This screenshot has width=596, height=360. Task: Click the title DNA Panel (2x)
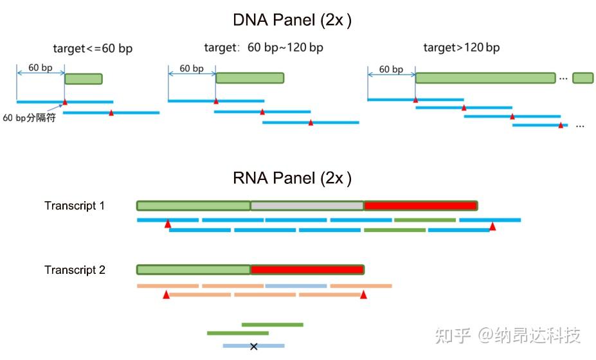(292, 21)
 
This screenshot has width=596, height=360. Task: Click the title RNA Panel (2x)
(292, 178)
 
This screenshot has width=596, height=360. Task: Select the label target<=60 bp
(93, 49)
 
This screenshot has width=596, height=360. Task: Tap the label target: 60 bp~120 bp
(264, 48)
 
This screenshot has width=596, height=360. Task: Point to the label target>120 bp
(461, 48)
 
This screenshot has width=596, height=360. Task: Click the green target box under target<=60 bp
(84, 78)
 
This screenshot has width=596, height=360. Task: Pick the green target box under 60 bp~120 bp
(249, 78)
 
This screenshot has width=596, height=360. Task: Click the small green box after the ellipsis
(582, 78)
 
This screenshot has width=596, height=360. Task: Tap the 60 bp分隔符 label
(30, 118)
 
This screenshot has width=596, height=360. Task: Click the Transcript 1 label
(75, 206)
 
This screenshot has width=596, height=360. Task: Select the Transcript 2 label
(75, 270)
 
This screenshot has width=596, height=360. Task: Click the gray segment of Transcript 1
(307, 206)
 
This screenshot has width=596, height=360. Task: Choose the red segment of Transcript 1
(420, 206)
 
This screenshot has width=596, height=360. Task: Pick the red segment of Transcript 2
(307, 270)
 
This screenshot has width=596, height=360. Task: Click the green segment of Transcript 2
(194, 270)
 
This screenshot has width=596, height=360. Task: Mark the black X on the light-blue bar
(253, 346)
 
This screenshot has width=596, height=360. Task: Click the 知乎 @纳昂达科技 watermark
(507, 335)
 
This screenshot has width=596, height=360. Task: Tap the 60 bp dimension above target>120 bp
(391, 69)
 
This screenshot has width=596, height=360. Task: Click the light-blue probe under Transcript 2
(296, 285)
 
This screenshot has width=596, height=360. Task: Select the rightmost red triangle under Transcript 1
(492, 226)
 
